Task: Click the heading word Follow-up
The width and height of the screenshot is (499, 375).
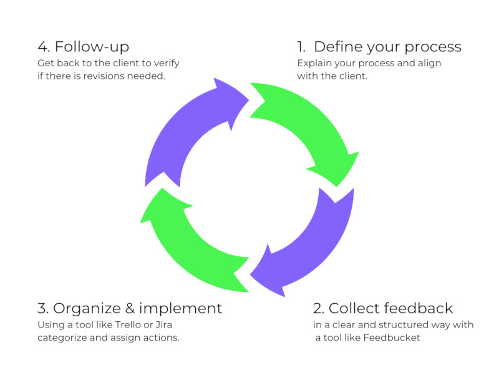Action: point(92,47)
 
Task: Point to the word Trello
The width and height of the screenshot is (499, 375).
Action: point(128,324)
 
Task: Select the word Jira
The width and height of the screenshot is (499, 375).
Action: point(164,324)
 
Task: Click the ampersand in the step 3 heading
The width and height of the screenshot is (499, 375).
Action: point(130,308)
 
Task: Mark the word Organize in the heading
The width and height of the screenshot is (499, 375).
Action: point(87,309)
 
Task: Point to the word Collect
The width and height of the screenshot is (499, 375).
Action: point(354,308)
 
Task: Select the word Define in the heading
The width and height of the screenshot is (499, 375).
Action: point(338,47)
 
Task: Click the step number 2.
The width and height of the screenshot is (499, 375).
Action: point(318,308)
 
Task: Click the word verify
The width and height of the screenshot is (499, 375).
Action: point(167,64)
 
